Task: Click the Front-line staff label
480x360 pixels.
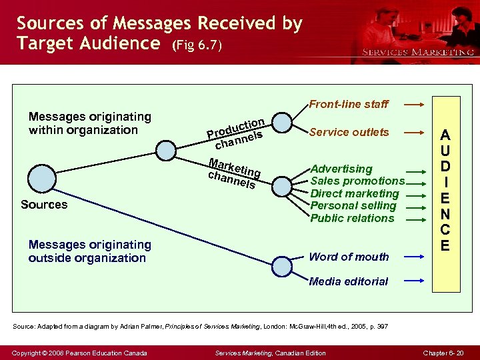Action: point(349,104)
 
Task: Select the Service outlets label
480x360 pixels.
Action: point(349,132)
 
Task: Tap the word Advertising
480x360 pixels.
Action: point(341,169)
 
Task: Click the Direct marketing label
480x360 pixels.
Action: point(355,193)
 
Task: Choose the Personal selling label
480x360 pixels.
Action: point(353,205)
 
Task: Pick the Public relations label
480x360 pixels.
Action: point(353,218)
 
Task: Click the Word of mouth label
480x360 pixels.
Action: point(349,257)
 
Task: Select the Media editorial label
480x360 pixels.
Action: point(349,281)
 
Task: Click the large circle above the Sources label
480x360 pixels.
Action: point(43,179)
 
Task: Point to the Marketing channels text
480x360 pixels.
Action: point(233,172)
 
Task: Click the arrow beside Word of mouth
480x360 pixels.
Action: point(414,257)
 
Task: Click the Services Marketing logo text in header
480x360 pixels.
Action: point(418,52)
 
